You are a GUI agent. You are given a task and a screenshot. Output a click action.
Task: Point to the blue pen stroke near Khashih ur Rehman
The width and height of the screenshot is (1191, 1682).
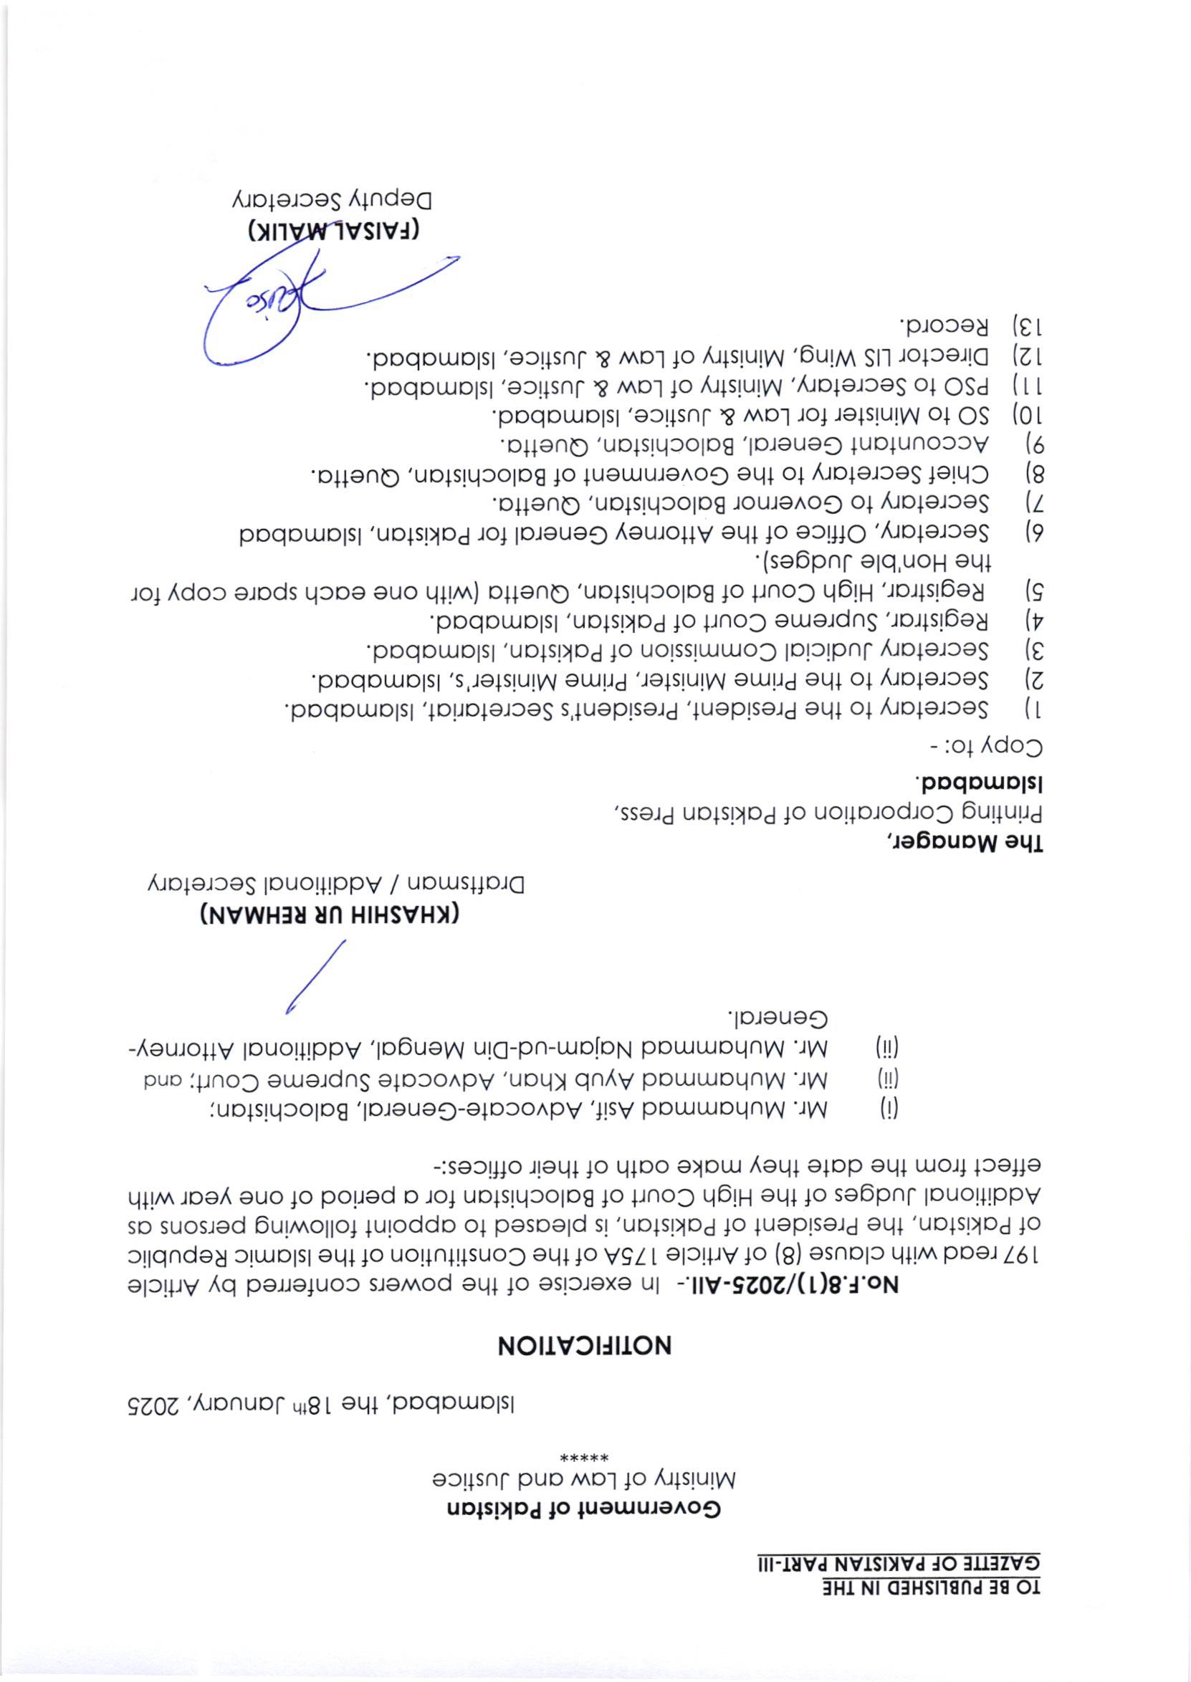(315, 976)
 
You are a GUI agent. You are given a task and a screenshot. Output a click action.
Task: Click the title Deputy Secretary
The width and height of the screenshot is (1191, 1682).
(335, 199)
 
